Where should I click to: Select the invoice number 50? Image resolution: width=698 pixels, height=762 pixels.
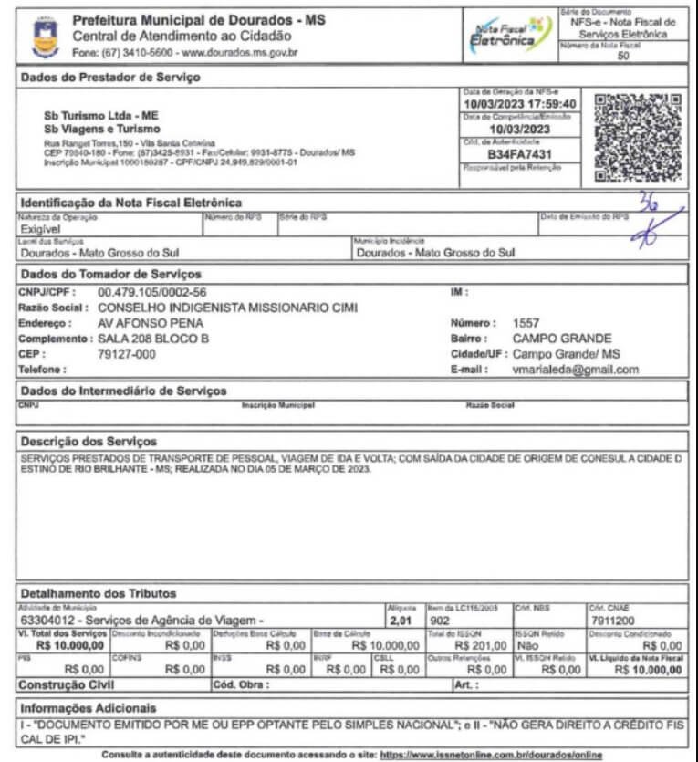point(623,56)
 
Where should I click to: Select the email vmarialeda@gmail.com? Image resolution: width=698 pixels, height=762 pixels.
point(576,370)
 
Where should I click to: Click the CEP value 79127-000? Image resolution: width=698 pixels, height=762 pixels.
point(126,354)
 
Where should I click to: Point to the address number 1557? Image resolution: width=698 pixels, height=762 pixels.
point(526,322)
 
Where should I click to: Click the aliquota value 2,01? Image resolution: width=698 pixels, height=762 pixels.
point(401,621)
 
